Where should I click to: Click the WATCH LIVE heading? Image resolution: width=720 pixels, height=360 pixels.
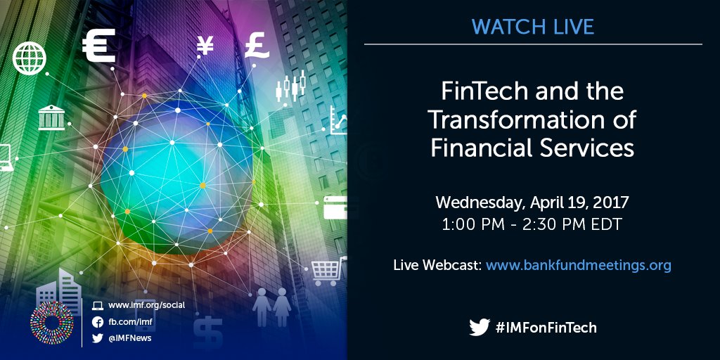tap(532, 27)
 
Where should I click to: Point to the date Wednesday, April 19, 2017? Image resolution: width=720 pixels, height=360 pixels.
tap(532, 202)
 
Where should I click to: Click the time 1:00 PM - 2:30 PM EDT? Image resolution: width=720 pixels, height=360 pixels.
tap(532, 226)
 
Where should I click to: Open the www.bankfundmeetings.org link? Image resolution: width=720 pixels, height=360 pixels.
tap(578, 265)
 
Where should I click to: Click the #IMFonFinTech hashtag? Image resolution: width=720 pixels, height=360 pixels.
tap(546, 328)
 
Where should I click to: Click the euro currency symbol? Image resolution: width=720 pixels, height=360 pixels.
tap(98, 46)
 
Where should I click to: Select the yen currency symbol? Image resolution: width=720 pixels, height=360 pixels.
tap(205, 46)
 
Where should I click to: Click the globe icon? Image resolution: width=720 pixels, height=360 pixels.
tap(29, 58)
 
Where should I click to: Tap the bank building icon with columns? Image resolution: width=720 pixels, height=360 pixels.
tap(51, 117)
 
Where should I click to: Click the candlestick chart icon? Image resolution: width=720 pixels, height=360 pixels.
tap(290, 86)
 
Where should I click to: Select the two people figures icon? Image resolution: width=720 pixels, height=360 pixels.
tap(272, 303)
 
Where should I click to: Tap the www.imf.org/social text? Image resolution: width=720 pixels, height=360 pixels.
tap(146, 305)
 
